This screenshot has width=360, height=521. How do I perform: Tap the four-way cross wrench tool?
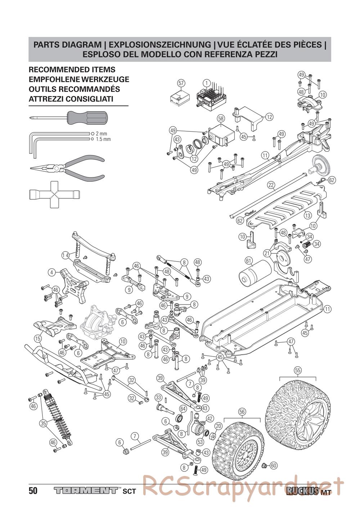[x=54, y=194]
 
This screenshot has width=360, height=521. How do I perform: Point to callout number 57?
[x=181, y=83]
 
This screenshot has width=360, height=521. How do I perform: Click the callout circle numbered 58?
[x=221, y=118]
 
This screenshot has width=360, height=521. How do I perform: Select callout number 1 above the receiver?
[x=206, y=83]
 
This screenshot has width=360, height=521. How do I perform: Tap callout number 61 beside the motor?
[x=248, y=260]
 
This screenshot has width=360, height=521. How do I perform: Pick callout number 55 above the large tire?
[x=297, y=370]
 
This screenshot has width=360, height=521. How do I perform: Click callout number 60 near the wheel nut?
[x=274, y=465]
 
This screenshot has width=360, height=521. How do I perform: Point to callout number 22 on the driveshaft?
[x=271, y=185]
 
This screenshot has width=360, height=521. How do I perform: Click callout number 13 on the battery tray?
[x=307, y=215]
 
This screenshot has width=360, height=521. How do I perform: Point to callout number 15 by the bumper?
[x=38, y=338]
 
